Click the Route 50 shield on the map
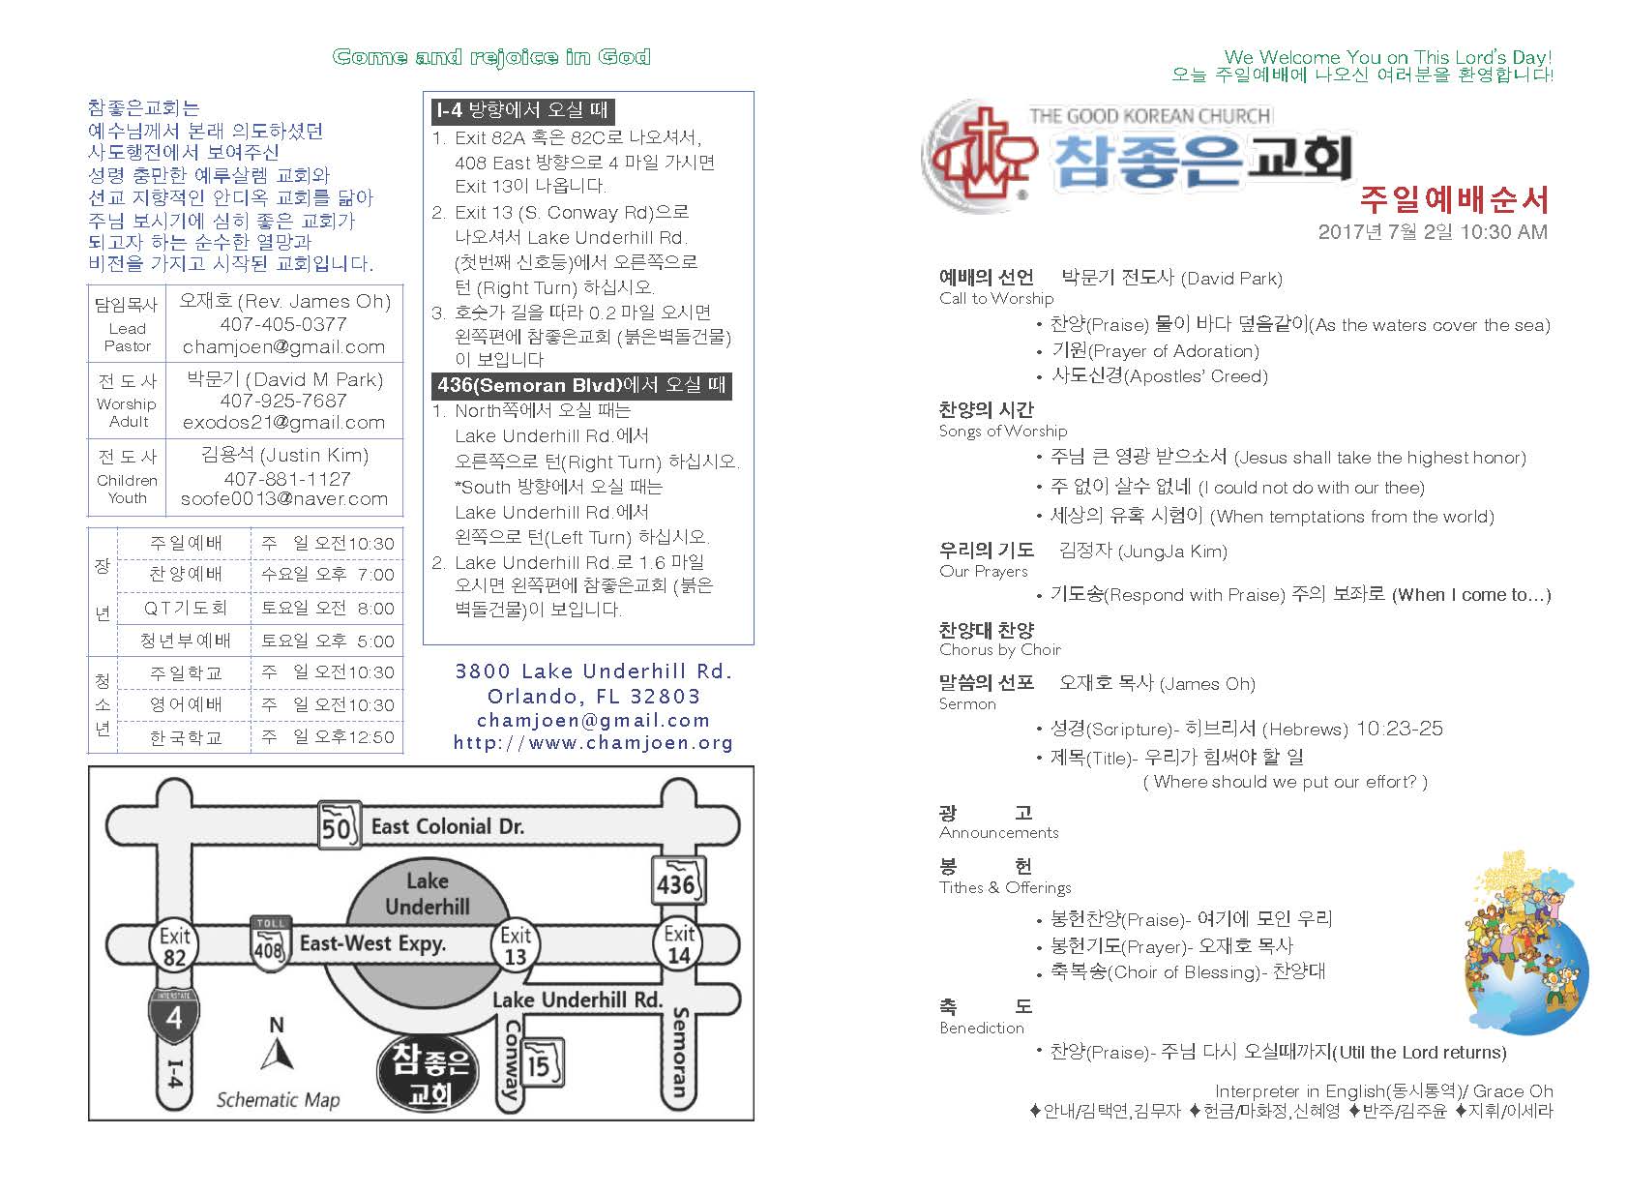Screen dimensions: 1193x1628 pyautogui.click(x=338, y=826)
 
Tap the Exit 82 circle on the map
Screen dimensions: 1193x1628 pyautogui.click(x=174, y=945)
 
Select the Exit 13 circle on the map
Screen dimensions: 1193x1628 pyautogui.click(x=515, y=945)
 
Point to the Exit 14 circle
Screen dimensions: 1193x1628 pyautogui.click(x=679, y=944)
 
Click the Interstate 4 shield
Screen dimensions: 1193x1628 pyautogui.click(x=174, y=1016)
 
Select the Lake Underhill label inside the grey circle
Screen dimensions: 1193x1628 pyautogui.click(x=427, y=894)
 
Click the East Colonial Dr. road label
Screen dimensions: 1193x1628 pyautogui.click(x=447, y=826)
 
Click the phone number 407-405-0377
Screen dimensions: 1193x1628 pyautogui.click(x=283, y=324)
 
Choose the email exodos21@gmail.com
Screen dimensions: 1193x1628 pyautogui.click(x=283, y=423)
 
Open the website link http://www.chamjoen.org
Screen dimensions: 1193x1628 pyautogui.click(x=593, y=743)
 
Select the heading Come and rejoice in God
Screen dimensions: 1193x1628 pyautogui.click(x=491, y=57)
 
